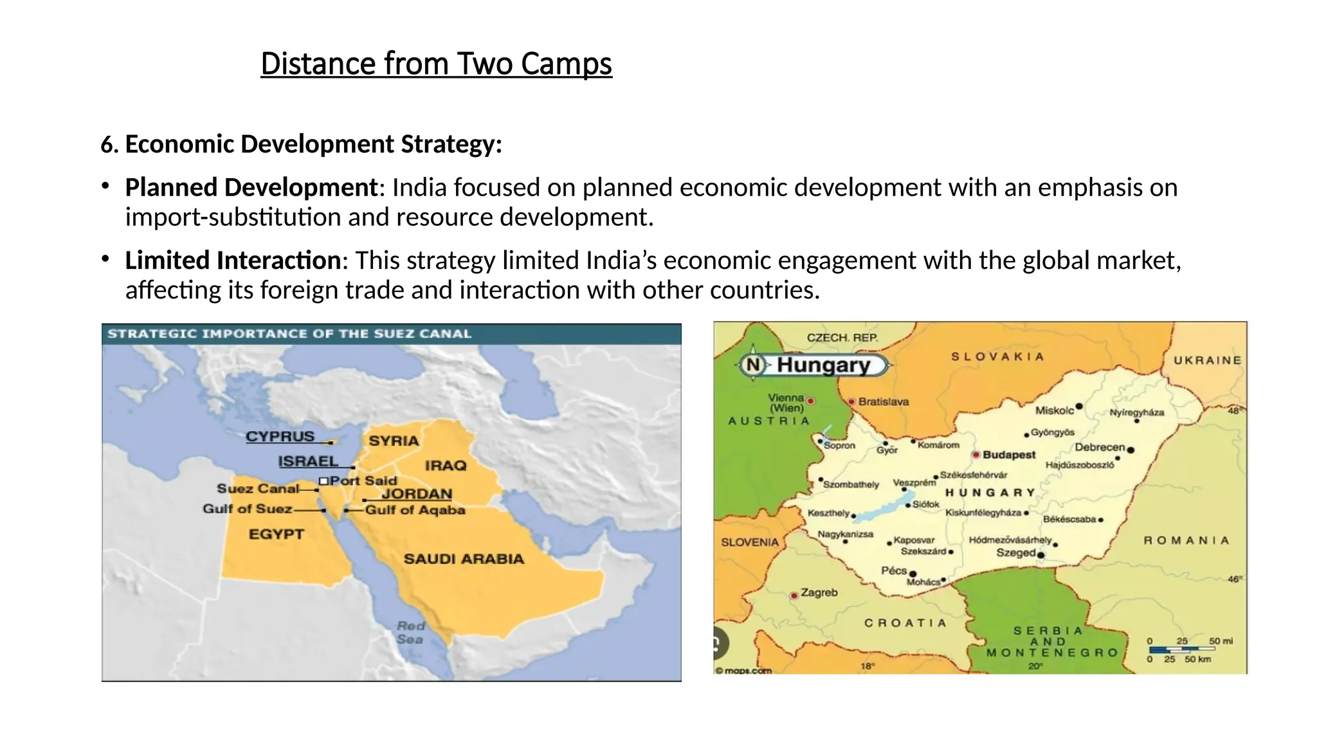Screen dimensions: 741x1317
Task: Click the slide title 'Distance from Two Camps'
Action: pyautogui.click(x=436, y=64)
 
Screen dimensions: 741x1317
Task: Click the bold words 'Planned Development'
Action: pyautogui.click(x=251, y=188)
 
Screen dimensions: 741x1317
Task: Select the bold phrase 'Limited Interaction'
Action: pyautogui.click(x=233, y=261)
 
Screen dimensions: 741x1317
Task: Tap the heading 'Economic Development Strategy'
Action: pyautogui.click(x=313, y=144)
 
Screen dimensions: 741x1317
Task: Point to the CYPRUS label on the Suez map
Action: pyautogui.click(x=280, y=436)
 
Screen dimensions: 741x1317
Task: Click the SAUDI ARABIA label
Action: pyautogui.click(x=464, y=559)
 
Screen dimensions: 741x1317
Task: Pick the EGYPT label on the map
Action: pyautogui.click(x=276, y=534)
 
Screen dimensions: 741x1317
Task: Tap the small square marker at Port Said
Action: pyautogui.click(x=323, y=481)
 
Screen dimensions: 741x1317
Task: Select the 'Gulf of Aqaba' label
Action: pyautogui.click(x=415, y=510)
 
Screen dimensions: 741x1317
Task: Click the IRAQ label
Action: pyautogui.click(x=445, y=465)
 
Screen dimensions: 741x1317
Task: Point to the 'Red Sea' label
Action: pyautogui.click(x=410, y=632)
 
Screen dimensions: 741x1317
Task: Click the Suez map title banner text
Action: pyautogui.click(x=289, y=334)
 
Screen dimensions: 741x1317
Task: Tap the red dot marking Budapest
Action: pyautogui.click(x=976, y=455)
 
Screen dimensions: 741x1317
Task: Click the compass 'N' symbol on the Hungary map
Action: pyautogui.click(x=752, y=365)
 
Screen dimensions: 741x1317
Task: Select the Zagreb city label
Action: pyautogui.click(x=819, y=592)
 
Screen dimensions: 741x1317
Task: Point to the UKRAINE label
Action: pyautogui.click(x=1207, y=360)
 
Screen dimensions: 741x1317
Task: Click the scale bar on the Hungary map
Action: pyautogui.click(x=1181, y=650)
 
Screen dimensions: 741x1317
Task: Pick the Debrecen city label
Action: pyautogui.click(x=1100, y=447)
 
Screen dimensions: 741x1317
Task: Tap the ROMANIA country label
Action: pyautogui.click(x=1186, y=540)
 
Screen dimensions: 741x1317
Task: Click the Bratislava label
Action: pyautogui.click(x=883, y=401)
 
